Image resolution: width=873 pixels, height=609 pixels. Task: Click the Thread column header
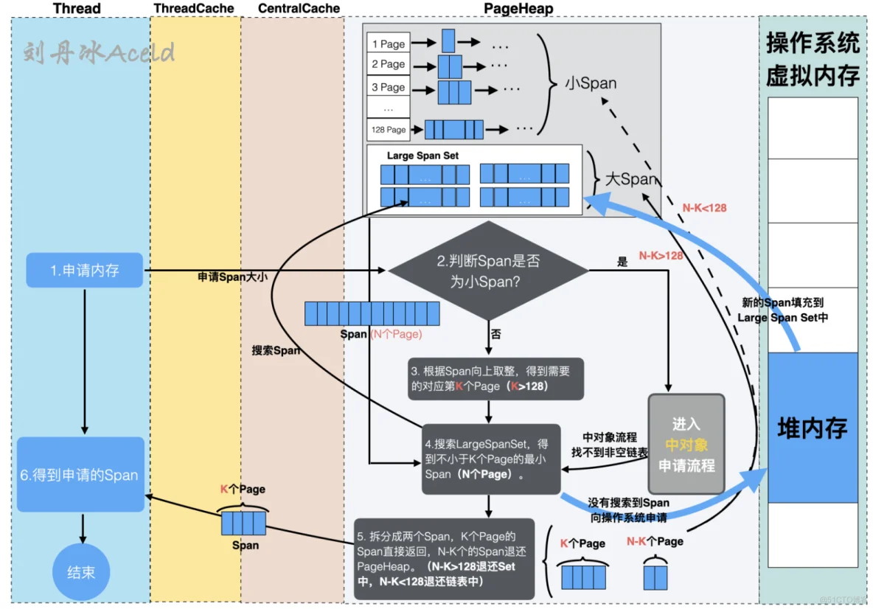coord(77,9)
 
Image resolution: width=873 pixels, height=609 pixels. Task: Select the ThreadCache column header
coord(193,9)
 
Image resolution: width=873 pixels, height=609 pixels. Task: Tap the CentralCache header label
coord(299,9)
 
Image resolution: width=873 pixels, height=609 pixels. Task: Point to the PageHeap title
coord(518,9)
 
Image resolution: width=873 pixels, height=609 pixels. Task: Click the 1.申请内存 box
coord(84,271)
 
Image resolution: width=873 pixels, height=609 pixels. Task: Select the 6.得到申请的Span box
coord(80,475)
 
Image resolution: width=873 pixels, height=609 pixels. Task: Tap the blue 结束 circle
coord(81,572)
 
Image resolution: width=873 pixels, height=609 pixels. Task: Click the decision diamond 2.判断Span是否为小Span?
coord(489,271)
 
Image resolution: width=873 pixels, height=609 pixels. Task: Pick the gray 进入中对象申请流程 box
coord(686,445)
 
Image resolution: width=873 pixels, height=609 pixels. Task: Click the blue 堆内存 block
coord(813,428)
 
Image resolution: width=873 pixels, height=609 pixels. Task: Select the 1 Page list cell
coord(389,43)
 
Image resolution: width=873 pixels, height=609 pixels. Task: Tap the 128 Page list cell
coord(389,130)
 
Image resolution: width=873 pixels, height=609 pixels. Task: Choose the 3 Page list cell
coord(389,87)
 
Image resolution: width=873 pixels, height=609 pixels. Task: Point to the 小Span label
coord(591,83)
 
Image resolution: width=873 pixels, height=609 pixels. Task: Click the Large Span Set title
coord(422,156)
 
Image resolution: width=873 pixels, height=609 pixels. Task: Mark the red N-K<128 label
coord(704,208)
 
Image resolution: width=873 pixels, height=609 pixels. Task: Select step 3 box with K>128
coord(495,379)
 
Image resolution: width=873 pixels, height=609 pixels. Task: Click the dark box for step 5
coord(444,558)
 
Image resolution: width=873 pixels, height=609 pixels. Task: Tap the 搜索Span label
coord(276,350)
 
